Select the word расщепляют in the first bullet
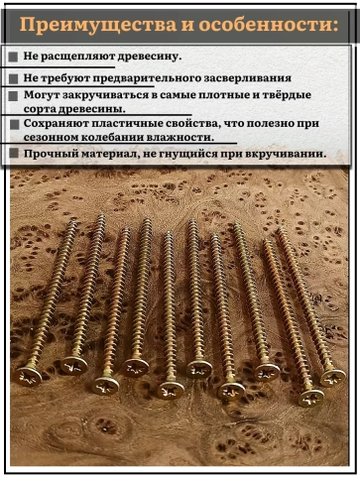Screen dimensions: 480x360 pos(83,58)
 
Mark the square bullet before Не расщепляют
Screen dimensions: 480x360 pos(13,59)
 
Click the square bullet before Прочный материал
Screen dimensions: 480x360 pos(13,155)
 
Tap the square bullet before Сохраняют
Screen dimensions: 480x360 pos(13,124)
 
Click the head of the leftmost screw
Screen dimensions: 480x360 pos(29,375)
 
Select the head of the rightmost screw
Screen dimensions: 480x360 pos(333,377)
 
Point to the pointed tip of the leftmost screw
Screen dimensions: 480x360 pos(75,223)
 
